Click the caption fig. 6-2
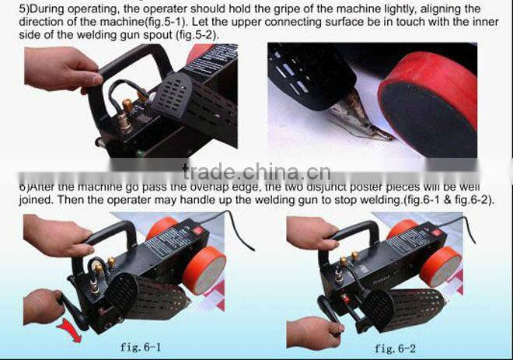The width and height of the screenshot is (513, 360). point(396,348)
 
